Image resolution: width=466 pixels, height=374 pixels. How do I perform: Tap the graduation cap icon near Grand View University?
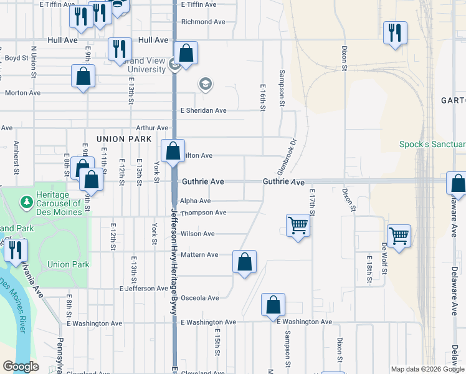pos(205,84)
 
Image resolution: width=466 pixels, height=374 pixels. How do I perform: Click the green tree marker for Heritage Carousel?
pos(27,202)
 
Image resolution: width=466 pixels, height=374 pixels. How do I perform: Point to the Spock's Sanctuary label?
pos(432,145)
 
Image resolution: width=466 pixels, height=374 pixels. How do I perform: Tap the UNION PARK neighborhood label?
pos(125,138)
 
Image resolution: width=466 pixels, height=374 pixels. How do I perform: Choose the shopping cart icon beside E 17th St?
pos(298,226)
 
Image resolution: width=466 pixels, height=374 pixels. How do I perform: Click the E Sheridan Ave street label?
pos(203,110)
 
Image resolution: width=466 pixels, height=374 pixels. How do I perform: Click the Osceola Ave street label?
pos(199,298)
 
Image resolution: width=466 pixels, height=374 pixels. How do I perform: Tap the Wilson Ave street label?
pos(197,234)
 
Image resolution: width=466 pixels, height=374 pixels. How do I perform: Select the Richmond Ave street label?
pos(203,22)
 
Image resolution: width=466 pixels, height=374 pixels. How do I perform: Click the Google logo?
pos(21,367)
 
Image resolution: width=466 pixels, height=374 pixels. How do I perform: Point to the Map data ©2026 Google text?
pos(427,369)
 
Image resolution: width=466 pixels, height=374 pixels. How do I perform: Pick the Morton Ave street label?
pos(22,93)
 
